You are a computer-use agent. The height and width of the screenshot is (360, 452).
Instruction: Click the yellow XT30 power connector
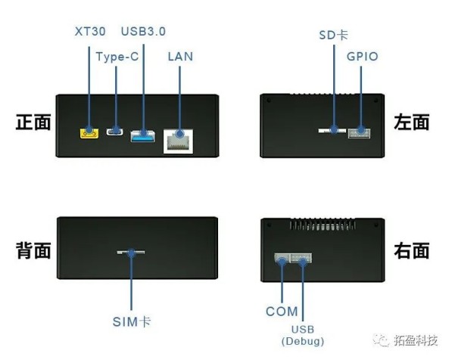click(89, 133)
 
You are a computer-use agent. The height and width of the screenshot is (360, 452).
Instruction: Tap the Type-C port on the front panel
click(115, 132)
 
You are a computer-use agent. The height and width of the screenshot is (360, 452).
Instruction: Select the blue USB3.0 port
click(142, 136)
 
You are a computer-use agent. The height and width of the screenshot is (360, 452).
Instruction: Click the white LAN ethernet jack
click(178, 141)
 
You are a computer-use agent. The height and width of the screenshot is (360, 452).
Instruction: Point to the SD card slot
click(332, 131)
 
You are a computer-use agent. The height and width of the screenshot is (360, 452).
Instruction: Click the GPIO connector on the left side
click(359, 133)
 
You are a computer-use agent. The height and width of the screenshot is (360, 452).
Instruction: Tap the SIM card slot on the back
click(131, 253)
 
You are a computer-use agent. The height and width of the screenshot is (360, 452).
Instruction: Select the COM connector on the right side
click(282, 258)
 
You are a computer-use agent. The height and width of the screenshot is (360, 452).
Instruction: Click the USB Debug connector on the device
click(301, 258)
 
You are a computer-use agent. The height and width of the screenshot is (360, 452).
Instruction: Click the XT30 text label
click(90, 32)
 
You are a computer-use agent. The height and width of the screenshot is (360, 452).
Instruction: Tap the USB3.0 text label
click(143, 32)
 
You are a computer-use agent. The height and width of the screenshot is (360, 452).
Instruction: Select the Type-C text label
click(117, 57)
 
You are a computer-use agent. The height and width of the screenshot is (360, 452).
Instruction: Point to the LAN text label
click(180, 57)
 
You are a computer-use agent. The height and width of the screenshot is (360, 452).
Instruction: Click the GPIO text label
click(363, 57)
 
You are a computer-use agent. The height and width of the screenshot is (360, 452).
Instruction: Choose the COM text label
click(282, 312)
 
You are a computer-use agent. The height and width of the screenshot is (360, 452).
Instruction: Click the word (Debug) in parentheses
click(303, 341)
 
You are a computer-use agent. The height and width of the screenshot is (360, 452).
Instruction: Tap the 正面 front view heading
click(33, 123)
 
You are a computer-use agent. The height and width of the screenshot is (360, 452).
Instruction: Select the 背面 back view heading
click(33, 250)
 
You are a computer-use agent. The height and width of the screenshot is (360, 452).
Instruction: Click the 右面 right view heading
click(412, 250)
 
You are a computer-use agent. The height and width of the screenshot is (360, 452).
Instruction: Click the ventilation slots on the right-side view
click(323, 224)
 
